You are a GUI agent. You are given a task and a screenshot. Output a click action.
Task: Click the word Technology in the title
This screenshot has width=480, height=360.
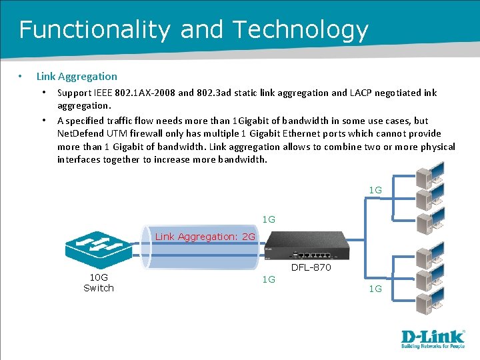(301, 30)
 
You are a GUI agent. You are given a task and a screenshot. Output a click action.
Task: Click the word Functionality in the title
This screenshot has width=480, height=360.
(95, 30)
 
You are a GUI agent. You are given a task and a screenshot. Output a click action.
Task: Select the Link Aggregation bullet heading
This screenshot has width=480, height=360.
(77, 77)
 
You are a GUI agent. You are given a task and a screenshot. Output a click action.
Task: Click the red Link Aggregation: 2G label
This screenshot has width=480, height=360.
(205, 237)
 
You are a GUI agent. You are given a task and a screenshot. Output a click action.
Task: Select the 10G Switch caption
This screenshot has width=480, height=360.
(99, 283)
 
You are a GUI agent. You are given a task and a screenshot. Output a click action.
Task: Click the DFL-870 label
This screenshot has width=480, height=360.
(311, 267)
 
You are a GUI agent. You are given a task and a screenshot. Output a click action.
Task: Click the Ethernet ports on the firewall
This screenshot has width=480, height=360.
(313, 255)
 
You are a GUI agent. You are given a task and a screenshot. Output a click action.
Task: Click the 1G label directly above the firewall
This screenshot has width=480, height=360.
(269, 219)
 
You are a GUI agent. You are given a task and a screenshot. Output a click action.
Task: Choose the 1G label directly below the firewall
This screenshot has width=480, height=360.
(269, 280)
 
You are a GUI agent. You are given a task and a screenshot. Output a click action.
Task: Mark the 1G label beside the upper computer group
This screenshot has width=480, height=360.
(375, 191)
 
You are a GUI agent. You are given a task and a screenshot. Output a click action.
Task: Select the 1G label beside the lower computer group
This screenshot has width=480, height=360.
(375, 289)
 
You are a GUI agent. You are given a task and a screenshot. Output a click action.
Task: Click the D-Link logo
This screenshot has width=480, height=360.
(433, 339)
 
